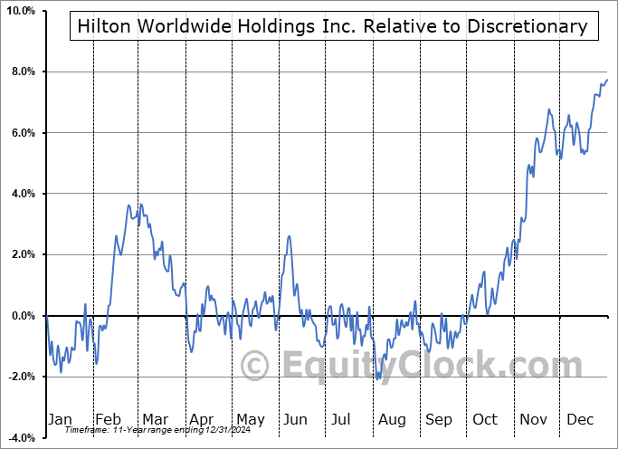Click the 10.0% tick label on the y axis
point(19,11)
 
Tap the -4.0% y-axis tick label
point(20,438)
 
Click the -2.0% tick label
point(20,377)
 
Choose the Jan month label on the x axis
point(61,419)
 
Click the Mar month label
point(155,419)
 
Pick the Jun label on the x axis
point(296,419)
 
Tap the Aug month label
point(391,419)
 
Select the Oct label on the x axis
point(485,419)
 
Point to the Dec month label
point(579,419)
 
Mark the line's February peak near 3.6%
point(128,205)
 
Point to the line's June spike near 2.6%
point(289,236)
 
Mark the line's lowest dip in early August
point(377,378)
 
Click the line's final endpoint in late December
point(607,80)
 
